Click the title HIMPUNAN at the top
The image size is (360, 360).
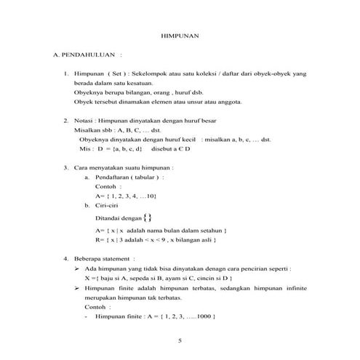180,35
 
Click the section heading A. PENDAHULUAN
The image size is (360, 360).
84,55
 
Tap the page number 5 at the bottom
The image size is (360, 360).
180,340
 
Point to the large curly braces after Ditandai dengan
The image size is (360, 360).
148,216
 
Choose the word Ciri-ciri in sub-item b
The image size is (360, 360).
108,206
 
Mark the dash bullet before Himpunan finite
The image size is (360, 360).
87,317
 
